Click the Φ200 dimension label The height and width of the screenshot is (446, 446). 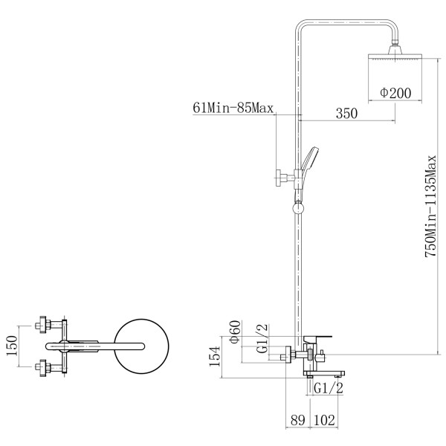(x=395, y=93)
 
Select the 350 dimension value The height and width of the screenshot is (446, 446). (x=346, y=113)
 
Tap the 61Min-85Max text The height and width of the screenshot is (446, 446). (x=233, y=108)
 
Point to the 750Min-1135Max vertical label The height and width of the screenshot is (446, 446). (x=430, y=206)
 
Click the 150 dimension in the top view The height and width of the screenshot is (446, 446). (x=12, y=346)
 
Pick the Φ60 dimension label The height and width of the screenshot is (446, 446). (x=235, y=332)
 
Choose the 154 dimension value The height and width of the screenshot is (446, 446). (x=215, y=356)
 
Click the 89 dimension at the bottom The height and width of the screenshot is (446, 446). (x=298, y=420)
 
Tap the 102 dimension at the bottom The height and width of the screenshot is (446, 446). (x=325, y=420)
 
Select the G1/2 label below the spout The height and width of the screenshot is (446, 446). (x=329, y=388)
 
